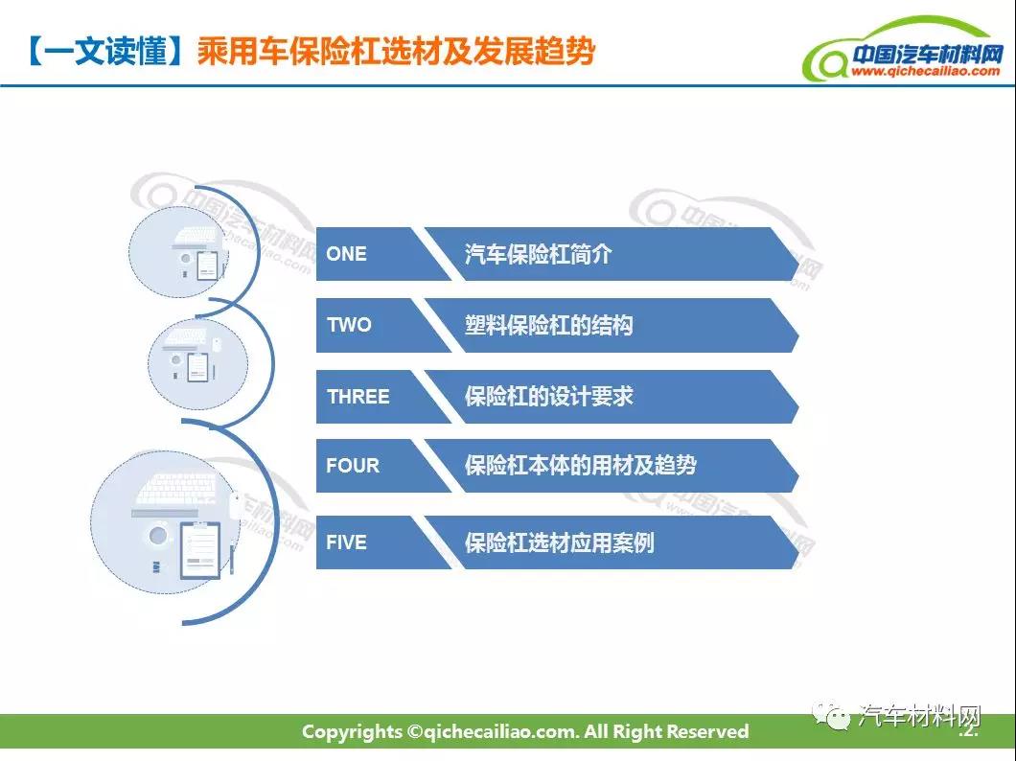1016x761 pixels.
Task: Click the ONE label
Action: pyautogui.click(x=346, y=254)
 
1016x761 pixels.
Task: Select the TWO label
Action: pyautogui.click(x=349, y=325)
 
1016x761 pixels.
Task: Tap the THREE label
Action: pyautogui.click(x=358, y=397)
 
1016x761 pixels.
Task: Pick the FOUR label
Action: pyautogui.click(x=353, y=465)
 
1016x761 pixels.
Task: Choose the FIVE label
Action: pyautogui.click(x=346, y=542)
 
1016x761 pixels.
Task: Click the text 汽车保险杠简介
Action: pyautogui.click(x=538, y=254)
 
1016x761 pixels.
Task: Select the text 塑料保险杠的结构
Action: pyautogui.click(x=548, y=325)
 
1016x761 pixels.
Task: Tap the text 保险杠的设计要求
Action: pyautogui.click(x=548, y=397)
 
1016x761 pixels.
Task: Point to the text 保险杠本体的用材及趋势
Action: pyautogui.click(x=580, y=465)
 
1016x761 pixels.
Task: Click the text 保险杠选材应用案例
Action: pyautogui.click(x=559, y=542)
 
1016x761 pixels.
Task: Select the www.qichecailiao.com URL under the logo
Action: pyautogui.click(x=925, y=71)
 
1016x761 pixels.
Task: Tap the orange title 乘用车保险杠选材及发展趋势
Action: pyautogui.click(x=396, y=51)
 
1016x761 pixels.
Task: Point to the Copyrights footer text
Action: pyautogui.click(x=525, y=732)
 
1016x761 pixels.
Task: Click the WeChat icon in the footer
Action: pyautogui.click(x=832, y=716)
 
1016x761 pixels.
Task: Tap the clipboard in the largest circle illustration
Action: pyautogui.click(x=200, y=549)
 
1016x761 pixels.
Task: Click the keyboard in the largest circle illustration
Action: pyautogui.click(x=176, y=490)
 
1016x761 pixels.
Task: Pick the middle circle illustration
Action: pyautogui.click(x=197, y=363)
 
